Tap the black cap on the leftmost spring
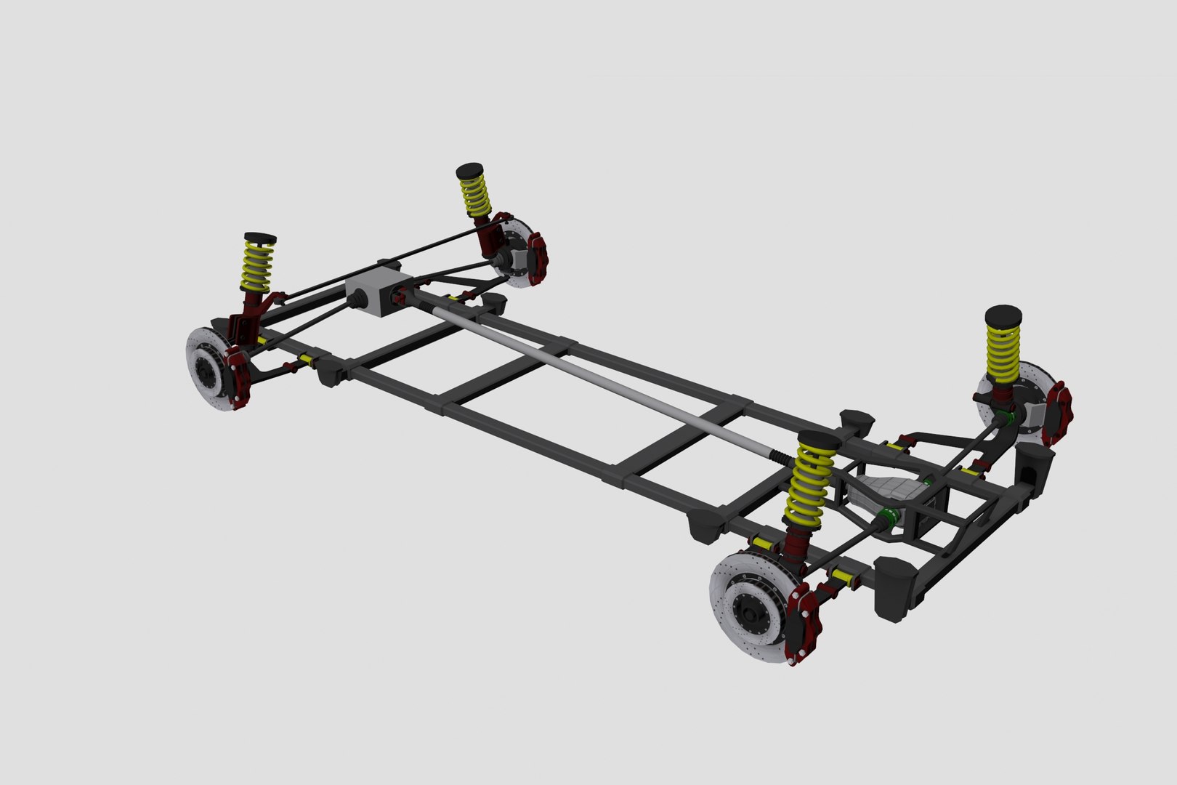[x=260, y=238]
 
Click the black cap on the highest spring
[x=470, y=171]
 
